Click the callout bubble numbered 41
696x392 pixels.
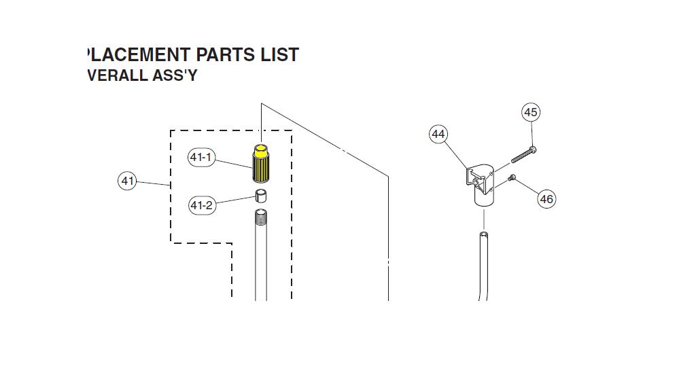127,181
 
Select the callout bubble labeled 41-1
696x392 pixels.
201,158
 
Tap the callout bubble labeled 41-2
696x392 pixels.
202,205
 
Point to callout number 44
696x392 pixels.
438,135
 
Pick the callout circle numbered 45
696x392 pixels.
531,112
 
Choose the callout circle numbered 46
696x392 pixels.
546,199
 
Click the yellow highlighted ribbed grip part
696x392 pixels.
260,164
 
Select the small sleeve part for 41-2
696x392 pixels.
261,196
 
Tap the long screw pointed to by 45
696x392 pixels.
524,154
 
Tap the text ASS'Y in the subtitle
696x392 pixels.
175,75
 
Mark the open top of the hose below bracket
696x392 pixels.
484,234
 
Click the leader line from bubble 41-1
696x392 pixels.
234,163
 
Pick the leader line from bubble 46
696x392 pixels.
527,188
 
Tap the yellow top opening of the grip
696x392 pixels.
261,147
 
